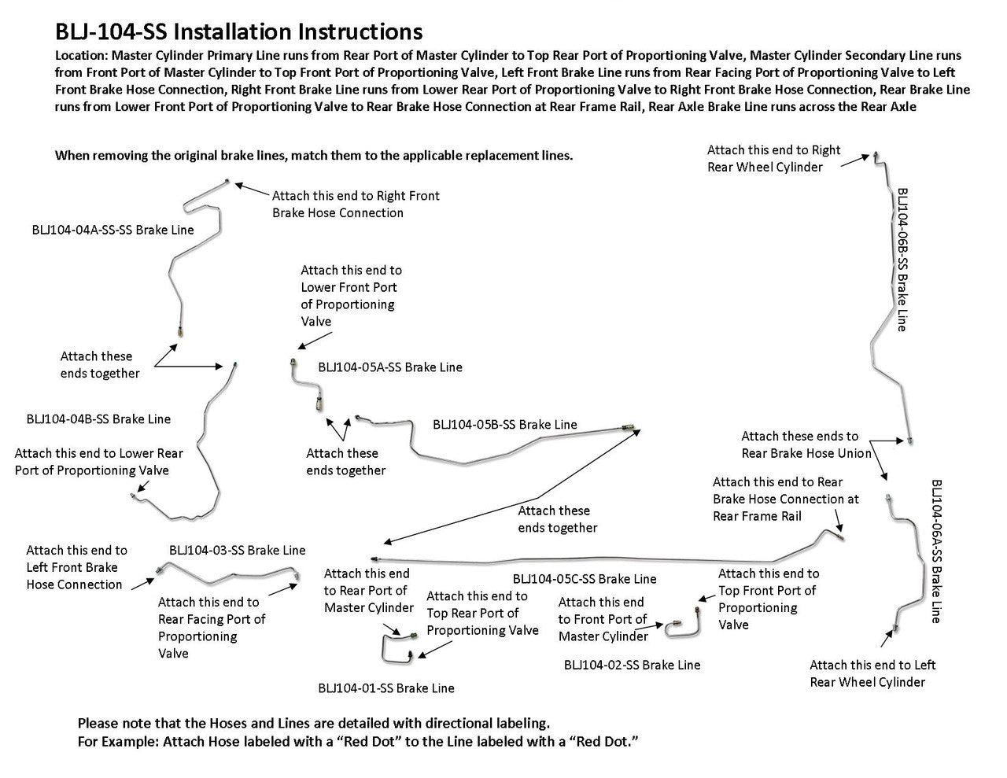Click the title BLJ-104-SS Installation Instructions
[x=238, y=31]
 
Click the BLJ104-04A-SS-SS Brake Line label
[x=113, y=230]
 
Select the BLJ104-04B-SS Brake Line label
[x=98, y=419]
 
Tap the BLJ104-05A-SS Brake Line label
[x=390, y=367]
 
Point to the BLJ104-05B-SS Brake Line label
[x=504, y=425]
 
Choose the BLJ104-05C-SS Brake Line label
[x=584, y=579]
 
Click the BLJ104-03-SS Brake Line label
[x=237, y=551]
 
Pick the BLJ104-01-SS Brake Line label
[x=386, y=688]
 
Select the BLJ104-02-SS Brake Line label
[x=632, y=665]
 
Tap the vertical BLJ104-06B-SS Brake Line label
[x=902, y=259]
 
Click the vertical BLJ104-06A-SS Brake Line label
[x=936, y=551]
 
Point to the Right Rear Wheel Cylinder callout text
[x=773, y=158]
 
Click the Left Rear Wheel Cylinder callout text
[x=872, y=673]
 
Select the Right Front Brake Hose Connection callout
[x=356, y=204]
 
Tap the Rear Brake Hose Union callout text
[x=806, y=444]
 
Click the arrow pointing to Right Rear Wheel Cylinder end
[x=855, y=160]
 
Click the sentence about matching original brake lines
[x=313, y=156]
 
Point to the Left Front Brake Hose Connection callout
[x=76, y=567]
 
